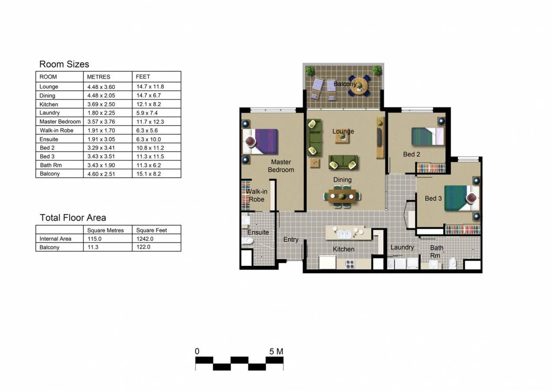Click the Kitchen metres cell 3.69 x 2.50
(x=101, y=104)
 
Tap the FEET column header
(x=143, y=77)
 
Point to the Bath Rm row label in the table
(x=51, y=165)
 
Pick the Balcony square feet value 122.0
(x=143, y=247)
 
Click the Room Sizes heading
(x=64, y=64)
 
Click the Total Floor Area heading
(x=73, y=218)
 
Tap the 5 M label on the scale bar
(x=276, y=351)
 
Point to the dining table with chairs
(x=342, y=196)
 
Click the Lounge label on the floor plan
(x=343, y=131)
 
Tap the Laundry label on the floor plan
(x=402, y=247)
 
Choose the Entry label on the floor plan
(x=291, y=239)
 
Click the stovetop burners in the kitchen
(x=350, y=264)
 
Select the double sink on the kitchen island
(x=344, y=234)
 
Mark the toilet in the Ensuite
(x=247, y=241)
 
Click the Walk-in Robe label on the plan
(x=256, y=195)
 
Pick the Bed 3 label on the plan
(x=433, y=199)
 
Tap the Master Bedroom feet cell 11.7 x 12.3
(x=150, y=122)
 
